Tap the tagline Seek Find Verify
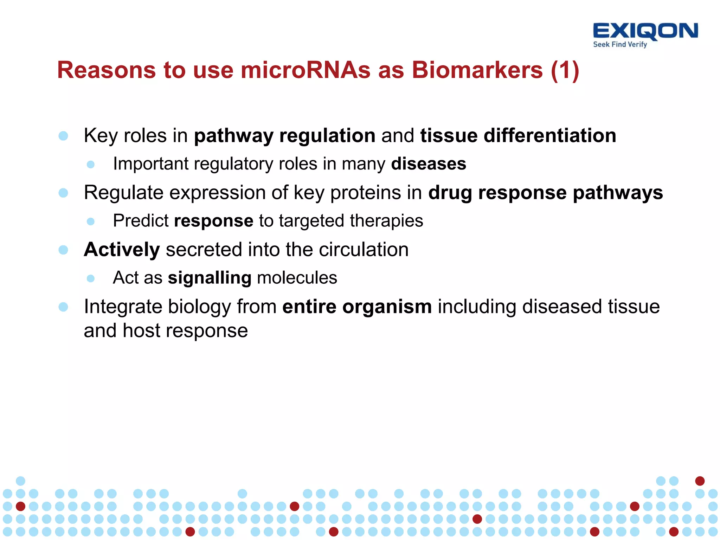pos(620,45)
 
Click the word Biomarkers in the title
pos(477,70)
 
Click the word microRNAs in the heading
pos(305,70)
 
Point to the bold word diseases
pos(429,164)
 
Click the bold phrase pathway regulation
pos(285,136)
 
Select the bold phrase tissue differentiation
pos(518,136)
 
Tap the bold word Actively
pos(122,250)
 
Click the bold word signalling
pos(210,278)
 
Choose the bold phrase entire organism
pos(357,307)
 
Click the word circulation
pos(364,250)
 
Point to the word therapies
pos(386,221)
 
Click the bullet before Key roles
pos(63,136)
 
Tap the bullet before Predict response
pos(91,221)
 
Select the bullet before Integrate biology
pos(63,307)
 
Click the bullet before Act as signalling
pos(91,278)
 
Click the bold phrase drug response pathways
pos(546,193)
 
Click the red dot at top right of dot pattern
pos(700,481)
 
